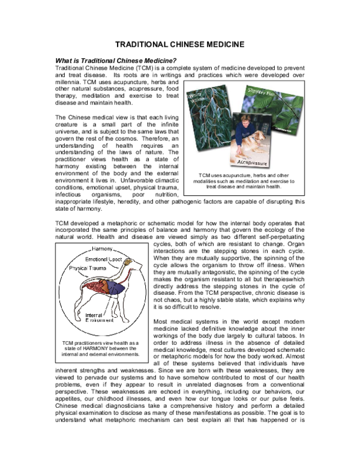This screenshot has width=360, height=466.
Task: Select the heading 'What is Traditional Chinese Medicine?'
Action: [116, 60]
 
